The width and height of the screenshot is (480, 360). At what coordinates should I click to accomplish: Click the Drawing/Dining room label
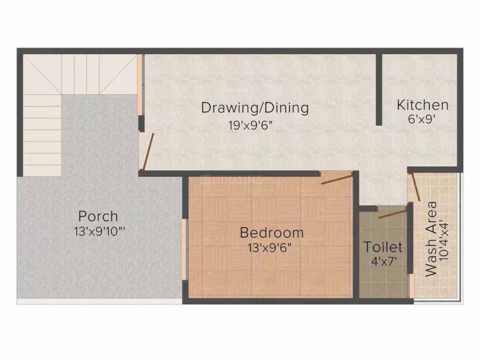click(255, 108)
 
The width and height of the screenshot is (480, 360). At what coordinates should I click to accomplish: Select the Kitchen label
click(422, 105)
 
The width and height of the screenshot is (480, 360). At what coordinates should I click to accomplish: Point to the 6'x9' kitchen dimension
click(422, 119)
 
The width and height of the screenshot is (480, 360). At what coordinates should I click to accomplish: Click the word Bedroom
click(271, 232)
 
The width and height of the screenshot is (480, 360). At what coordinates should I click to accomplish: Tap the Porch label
click(98, 217)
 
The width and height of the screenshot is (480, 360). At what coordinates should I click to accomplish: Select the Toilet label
click(383, 247)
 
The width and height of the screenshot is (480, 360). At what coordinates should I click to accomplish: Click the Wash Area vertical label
click(431, 239)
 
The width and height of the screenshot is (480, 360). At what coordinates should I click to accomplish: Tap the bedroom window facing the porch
click(185, 250)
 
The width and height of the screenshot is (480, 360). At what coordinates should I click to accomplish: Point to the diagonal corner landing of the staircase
click(43, 75)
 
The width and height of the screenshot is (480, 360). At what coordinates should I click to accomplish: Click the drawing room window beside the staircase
click(140, 85)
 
